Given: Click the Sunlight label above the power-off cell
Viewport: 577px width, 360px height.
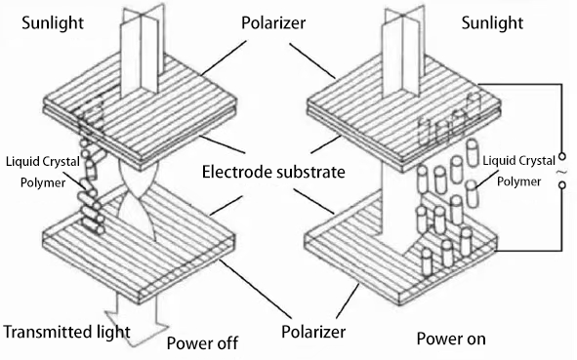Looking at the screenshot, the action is click(53, 23).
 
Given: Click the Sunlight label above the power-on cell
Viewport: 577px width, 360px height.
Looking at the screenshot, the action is click(492, 23).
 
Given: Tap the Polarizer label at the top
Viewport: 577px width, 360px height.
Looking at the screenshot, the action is click(273, 22).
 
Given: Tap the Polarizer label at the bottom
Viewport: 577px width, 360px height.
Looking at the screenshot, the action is click(313, 332).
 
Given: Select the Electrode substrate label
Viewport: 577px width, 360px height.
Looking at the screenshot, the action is click(273, 172).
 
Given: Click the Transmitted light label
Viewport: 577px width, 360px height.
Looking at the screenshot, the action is click(66, 332).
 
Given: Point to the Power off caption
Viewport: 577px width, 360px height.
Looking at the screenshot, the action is click(202, 343).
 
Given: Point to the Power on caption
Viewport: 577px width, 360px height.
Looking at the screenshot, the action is click(451, 339).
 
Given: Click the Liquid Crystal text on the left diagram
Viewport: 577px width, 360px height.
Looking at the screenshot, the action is click(43, 162).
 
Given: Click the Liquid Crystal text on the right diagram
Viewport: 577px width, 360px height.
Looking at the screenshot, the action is click(518, 161).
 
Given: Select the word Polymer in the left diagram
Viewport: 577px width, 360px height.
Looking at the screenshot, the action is click(43, 182).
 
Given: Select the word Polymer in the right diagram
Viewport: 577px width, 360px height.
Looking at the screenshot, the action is click(518, 181).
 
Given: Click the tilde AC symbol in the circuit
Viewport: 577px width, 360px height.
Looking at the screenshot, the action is click(560, 172).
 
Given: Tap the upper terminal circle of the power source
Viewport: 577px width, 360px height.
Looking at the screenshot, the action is click(562, 157).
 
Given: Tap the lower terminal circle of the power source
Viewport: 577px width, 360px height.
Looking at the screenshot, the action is click(562, 185).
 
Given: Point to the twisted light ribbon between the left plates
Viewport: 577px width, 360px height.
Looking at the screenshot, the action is click(139, 200).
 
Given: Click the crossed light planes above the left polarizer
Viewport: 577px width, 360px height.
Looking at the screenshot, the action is click(141, 51).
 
